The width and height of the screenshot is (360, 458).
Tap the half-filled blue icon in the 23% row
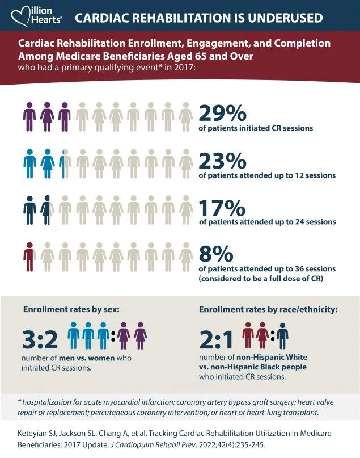tap(65, 163)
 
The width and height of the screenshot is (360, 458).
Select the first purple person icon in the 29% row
tap(29, 117)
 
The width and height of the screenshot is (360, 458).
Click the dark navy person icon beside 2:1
tap(283, 335)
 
